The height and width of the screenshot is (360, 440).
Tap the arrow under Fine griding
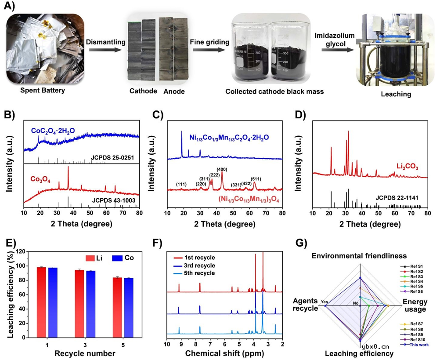pyautogui.click(x=210, y=50)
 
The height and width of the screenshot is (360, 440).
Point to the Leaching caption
pyautogui.click(x=396, y=94)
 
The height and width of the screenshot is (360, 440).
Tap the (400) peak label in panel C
pyautogui.click(x=222, y=169)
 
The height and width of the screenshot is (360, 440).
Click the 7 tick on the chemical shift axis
pyautogui.click(x=210, y=344)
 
